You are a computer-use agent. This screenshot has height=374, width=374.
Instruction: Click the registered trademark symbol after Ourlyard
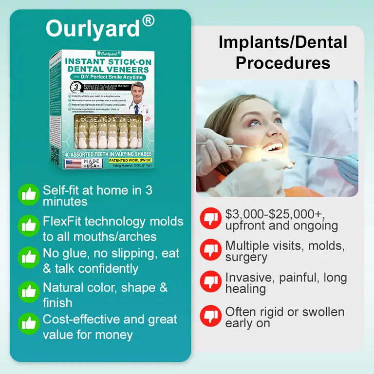(x=149, y=21)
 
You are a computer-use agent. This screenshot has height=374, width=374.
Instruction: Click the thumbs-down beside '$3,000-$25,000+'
(x=210, y=218)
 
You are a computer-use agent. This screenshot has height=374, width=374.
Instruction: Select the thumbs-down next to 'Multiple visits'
(x=210, y=250)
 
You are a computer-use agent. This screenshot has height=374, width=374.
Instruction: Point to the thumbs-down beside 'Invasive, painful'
(x=210, y=281)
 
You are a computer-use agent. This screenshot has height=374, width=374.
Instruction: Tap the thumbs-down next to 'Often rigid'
(x=210, y=316)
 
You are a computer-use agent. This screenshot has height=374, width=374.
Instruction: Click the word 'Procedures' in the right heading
(x=283, y=63)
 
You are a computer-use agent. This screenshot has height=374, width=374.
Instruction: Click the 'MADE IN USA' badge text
(x=93, y=164)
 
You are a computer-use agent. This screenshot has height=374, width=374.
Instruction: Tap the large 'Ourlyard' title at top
(x=93, y=29)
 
